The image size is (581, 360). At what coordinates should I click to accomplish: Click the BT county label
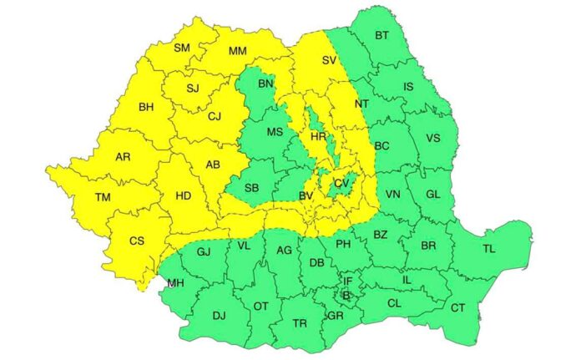click(x=382, y=35)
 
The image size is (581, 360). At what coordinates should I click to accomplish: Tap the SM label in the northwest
click(x=182, y=48)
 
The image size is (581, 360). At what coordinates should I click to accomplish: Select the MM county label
click(x=238, y=52)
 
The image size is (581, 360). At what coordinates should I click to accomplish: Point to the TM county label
click(x=103, y=197)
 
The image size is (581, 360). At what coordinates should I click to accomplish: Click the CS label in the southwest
click(x=137, y=241)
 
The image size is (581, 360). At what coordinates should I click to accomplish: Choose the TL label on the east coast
click(x=489, y=249)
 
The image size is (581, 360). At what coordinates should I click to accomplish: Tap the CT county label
click(x=458, y=308)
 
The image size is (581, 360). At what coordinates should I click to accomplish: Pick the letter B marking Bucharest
click(x=346, y=296)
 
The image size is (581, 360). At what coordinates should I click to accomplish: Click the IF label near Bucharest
click(x=349, y=282)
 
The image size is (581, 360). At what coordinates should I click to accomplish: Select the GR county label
click(x=335, y=316)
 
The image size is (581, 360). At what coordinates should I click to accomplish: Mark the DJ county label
click(x=220, y=315)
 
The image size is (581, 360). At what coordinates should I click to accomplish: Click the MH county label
click(x=175, y=283)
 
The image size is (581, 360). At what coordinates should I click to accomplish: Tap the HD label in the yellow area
click(x=181, y=198)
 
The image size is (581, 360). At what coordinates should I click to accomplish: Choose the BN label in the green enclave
click(x=265, y=84)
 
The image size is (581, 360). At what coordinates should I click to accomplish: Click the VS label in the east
click(x=433, y=138)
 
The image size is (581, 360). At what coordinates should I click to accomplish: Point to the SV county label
click(x=329, y=60)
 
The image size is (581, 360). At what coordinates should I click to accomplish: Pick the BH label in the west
click(x=146, y=107)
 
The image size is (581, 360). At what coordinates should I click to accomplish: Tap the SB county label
click(x=250, y=186)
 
